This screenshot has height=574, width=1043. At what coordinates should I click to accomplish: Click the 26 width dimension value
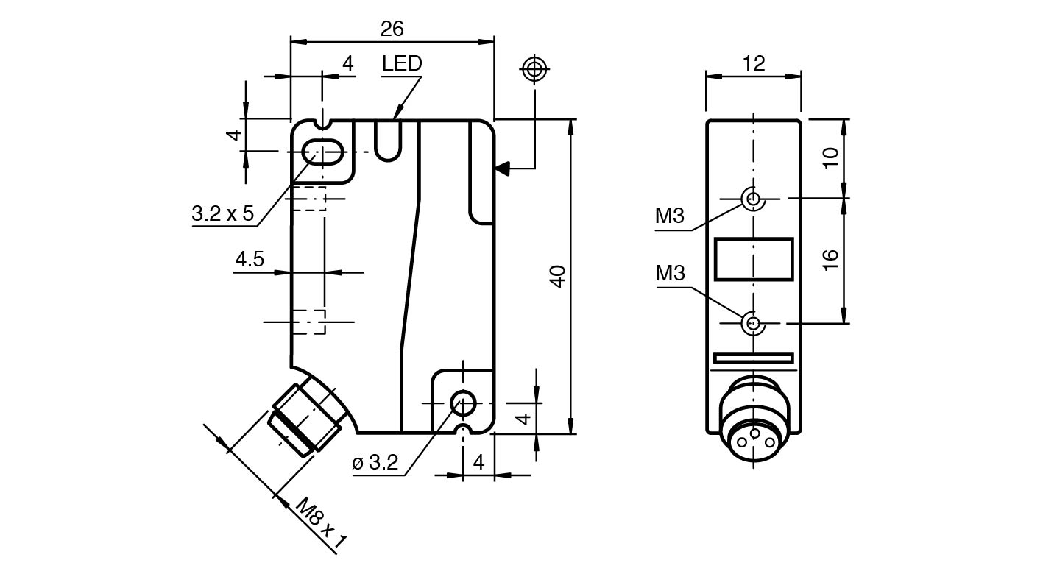(392, 29)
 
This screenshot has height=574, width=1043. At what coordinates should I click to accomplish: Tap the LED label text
(402, 64)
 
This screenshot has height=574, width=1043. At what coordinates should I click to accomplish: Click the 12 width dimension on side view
(754, 63)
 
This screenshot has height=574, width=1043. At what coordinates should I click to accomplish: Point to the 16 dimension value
(830, 260)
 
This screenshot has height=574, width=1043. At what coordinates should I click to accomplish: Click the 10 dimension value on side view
(830, 157)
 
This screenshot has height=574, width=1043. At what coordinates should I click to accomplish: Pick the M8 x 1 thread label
(320, 523)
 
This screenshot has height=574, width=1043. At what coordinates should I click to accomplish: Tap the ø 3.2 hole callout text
(375, 463)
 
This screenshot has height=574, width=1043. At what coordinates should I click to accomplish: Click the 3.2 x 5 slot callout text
(222, 214)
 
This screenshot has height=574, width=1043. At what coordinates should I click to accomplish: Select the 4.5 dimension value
(250, 259)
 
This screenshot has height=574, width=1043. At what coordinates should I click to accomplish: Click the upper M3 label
(670, 216)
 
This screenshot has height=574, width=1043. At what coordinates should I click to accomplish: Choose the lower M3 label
(670, 274)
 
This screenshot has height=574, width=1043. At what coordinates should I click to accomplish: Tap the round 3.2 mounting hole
(463, 402)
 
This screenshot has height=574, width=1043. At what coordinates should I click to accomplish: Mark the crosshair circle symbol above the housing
(533, 70)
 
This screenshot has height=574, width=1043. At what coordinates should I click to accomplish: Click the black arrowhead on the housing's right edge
(501, 169)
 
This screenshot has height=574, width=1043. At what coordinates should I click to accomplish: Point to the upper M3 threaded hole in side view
(752, 198)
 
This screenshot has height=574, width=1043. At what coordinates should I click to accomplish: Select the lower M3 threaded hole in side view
(752, 322)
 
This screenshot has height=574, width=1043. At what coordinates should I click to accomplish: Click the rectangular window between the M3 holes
(754, 259)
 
